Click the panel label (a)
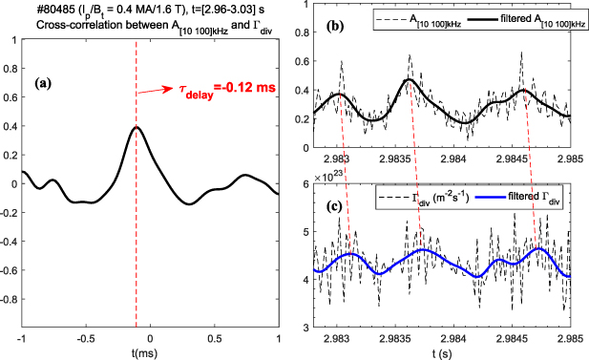tap(44, 83)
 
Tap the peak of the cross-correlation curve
tap(136, 127)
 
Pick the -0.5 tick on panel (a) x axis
tap(86, 339)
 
